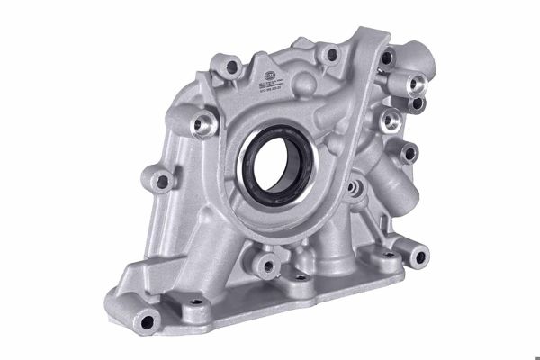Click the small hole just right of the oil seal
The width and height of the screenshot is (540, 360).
pyautogui.click(x=345, y=184)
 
